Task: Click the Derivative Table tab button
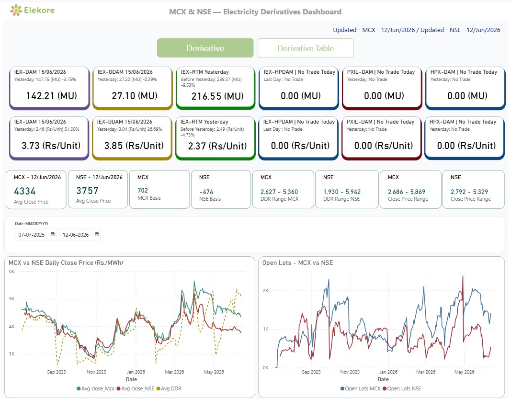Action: [306, 48]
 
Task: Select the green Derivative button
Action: [205, 48]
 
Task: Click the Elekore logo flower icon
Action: [16, 10]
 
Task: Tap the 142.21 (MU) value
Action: [52, 95]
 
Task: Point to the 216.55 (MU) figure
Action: [217, 96]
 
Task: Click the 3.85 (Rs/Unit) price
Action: [134, 146]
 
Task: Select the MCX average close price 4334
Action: [25, 191]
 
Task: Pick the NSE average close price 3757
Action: [87, 190]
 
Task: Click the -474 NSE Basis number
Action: [206, 192]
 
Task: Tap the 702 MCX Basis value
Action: [143, 190]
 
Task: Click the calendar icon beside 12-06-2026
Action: [97, 234]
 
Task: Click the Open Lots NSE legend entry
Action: [402, 388]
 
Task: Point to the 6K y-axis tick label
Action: [11, 271]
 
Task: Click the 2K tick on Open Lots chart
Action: [266, 290]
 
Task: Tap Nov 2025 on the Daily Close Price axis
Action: [96, 372]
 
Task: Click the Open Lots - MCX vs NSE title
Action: [297, 263]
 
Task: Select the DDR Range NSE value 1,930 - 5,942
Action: [342, 192]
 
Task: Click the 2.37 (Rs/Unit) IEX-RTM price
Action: [217, 146]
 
